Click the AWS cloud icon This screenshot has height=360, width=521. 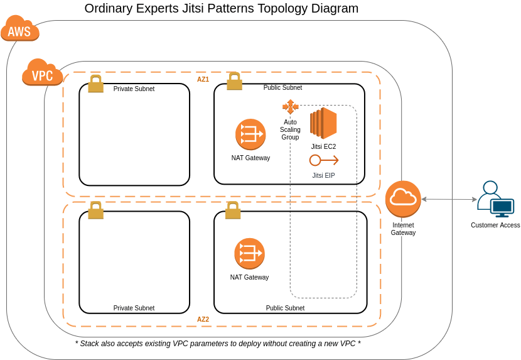pyautogui.click(x=20, y=29)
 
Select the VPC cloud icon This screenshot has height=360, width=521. pyautogui.click(x=42, y=73)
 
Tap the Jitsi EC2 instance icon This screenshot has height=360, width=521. pyautogui.click(x=323, y=123)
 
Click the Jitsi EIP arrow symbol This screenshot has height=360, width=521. pyautogui.click(x=324, y=160)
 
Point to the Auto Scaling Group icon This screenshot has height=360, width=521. pyautogui.click(x=290, y=107)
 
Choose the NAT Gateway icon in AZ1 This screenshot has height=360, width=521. pyautogui.click(x=250, y=134)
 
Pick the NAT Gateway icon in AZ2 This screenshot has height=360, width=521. pyautogui.click(x=249, y=253)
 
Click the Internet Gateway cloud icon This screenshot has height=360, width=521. pyautogui.click(x=403, y=199)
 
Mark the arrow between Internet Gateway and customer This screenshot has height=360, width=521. pyautogui.click(x=449, y=199)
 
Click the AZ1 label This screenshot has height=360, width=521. pyautogui.click(x=203, y=80)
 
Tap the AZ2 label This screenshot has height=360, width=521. pyautogui.click(x=203, y=319)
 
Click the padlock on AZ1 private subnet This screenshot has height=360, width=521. pyautogui.click(x=95, y=84)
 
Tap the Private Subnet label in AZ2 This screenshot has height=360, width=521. pyautogui.click(x=134, y=308)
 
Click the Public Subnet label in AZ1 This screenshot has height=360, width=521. pyautogui.click(x=282, y=88)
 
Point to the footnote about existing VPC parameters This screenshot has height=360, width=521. pyautogui.click(x=218, y=344)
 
